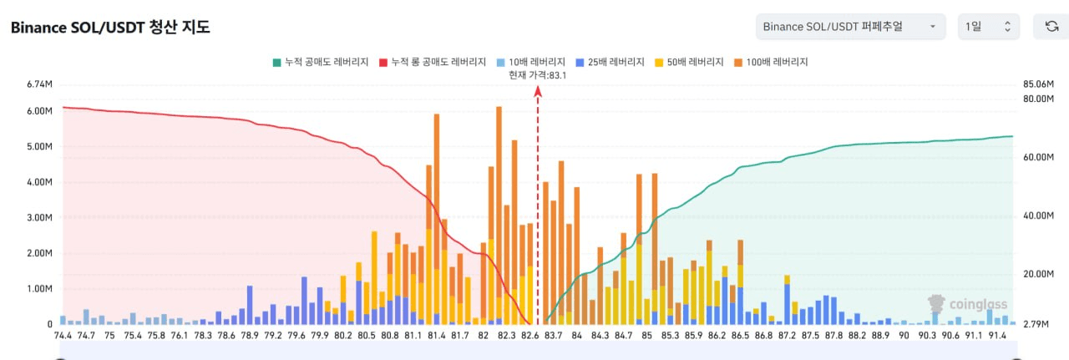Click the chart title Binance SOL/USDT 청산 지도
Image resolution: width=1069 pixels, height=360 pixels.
(x=110, y=28)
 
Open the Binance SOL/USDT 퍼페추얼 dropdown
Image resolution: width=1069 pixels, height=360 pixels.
(x=849, y=27)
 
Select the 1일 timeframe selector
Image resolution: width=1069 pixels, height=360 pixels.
(x=988, y=27)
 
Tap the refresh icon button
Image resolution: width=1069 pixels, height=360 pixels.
(x=1051, y=27)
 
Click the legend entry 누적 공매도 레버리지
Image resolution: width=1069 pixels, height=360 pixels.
(x=321, y=62)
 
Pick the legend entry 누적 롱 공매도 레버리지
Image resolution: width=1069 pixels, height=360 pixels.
(x=433, y=62)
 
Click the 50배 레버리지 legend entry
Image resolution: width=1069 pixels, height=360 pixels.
(x=688, y=62)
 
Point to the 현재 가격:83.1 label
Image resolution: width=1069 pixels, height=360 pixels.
(x=538, y=75)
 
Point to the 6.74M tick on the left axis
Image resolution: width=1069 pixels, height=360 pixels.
(x=40, y=84)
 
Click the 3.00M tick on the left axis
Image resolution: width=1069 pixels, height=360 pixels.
(x=40, y=217)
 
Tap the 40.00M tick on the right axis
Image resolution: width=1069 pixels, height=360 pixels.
(x=1037, y=215)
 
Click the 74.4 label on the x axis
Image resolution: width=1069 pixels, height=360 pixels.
(x=63, y=336)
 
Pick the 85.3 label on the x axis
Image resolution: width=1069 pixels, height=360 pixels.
(x=670, y=336)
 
